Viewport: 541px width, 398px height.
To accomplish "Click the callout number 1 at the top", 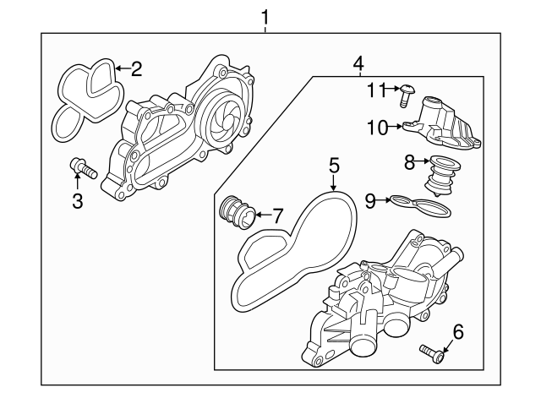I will (266, 16).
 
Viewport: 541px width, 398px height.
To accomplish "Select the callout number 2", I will (135, 68).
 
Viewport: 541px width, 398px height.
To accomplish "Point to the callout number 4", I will (358, 63).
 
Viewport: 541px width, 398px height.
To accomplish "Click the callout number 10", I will (376, 127).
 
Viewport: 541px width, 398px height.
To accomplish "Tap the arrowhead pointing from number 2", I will (116, 68).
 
